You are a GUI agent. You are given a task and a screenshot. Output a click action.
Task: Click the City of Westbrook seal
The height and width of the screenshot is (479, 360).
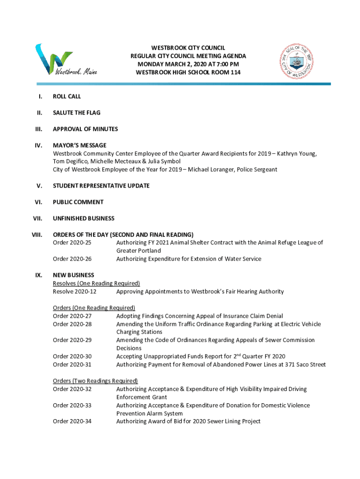pyautogui.click(x=297, y=61)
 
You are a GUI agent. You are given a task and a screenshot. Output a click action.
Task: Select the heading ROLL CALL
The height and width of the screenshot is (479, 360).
pyautogui.click(x=67, y=96)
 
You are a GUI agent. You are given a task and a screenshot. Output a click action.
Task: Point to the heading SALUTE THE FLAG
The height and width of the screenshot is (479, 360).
pyautogui.click(x=77, y=113)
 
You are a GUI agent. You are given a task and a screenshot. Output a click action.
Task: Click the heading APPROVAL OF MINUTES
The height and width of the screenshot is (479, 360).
pyautogui.click(x=85, y=129)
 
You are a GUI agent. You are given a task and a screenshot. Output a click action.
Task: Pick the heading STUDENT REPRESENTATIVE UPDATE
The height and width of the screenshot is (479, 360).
pyautogui.click(x=101, y=186)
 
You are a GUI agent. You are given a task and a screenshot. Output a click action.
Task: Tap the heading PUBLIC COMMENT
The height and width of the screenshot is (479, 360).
pyautogui.click(x=78, y=202)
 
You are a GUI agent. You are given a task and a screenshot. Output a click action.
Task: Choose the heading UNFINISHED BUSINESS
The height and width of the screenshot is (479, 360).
pyautogui.click(x=84, y=218)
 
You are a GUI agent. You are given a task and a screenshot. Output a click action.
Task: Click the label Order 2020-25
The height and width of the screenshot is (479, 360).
pyautogui.click(x=72, y=243)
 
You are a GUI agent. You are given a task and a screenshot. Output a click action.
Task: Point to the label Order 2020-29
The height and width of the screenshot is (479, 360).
pyautogui.click(x=72, y=340)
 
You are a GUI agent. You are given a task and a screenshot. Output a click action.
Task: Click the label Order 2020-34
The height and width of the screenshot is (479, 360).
pyautogui.click(x=72, y=421)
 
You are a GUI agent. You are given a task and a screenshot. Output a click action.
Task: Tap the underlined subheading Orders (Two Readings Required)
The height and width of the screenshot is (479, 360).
pyautogui.click(x=95, y=381)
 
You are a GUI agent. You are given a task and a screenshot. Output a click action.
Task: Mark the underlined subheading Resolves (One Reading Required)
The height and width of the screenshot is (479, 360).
pyautogui.click(x=96, y=283)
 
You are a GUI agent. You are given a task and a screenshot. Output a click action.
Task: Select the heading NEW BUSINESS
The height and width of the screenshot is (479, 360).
pyautogui.click(x=73, y=275)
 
